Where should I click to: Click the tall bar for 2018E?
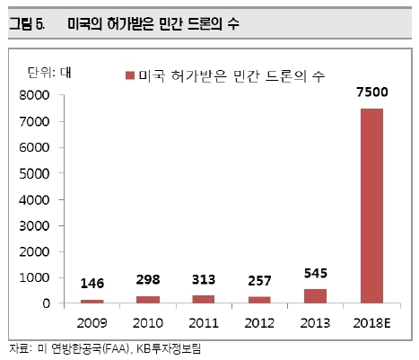[371, 206]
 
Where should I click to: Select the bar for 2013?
[316, 296]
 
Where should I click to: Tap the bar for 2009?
[92, 302]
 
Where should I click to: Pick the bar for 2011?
[204, 299]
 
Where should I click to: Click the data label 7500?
[372, 92]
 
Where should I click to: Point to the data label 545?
[316, 273]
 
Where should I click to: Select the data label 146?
[92, 284]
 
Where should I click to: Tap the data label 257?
[259, 281]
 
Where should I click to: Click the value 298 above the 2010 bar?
[148, 279]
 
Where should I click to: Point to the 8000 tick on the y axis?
[34, 95]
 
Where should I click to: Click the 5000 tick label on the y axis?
[34, 174]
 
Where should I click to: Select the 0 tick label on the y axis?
[46, 303]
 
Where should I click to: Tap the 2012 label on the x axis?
[259, 323]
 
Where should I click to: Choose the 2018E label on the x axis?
[371, 323]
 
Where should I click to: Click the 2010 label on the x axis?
[148, 323]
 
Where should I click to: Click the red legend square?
[130, 75]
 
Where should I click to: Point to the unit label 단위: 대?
[49, 73]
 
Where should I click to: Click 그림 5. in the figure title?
[27, 23]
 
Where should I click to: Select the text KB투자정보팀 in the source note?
[169, 348]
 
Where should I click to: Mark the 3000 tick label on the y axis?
[34, 226]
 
